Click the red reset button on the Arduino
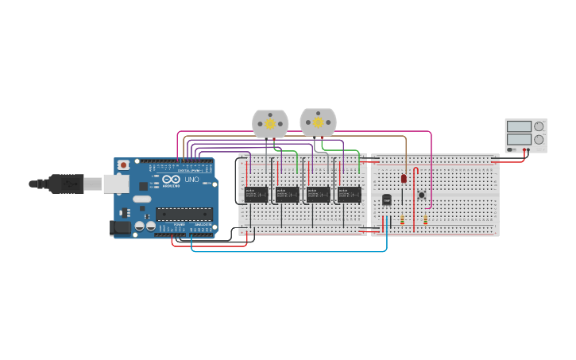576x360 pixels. [x=123, y=165]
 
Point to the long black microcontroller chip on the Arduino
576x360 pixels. [x=184, y=213]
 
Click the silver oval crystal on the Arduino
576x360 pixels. [x=141, y=199]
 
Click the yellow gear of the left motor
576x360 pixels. [x=270, y=124]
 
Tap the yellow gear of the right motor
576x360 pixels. [x=318, y=122]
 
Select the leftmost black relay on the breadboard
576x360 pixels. [x=256, y=194]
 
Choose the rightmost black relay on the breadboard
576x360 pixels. [x=349, y=194]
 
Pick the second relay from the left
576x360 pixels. [x=287, y=194]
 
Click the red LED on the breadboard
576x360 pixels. [x=404, y=179]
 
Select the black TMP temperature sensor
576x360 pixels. [x=387, y=199]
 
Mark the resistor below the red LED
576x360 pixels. [x=402, y=220]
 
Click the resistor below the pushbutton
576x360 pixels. [x=426, y=220]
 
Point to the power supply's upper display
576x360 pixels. [x=519, y=126]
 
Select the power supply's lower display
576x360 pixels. [x=519, y=139]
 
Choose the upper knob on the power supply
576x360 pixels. [x=539, y=126]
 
